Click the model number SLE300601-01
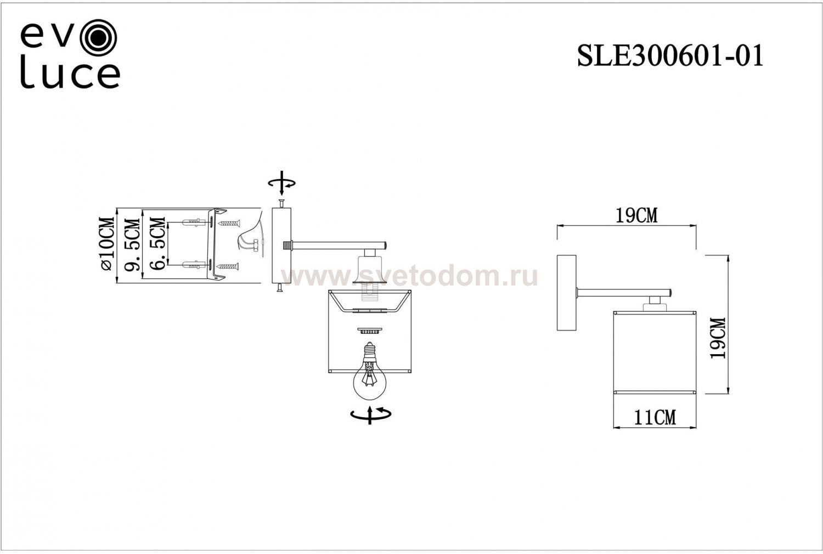[x=670, y=55]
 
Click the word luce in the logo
[x=70, y=75]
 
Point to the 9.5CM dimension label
[x=132, y=245]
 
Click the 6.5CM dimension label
[x=157, y=243]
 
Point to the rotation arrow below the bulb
[x=371, y=415]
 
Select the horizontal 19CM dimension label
[x=636, y=216]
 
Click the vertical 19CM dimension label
[x=718, y=338]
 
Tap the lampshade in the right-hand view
[x=654, y=352]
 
